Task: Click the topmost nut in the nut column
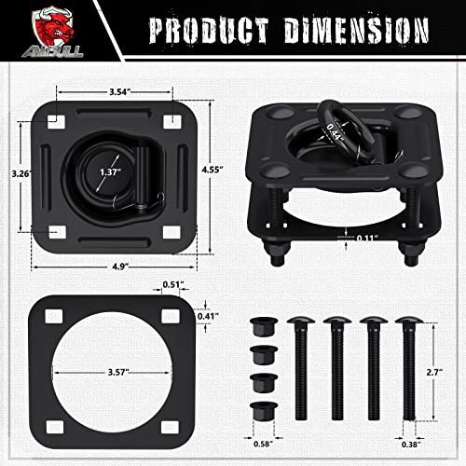pos(262,329)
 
